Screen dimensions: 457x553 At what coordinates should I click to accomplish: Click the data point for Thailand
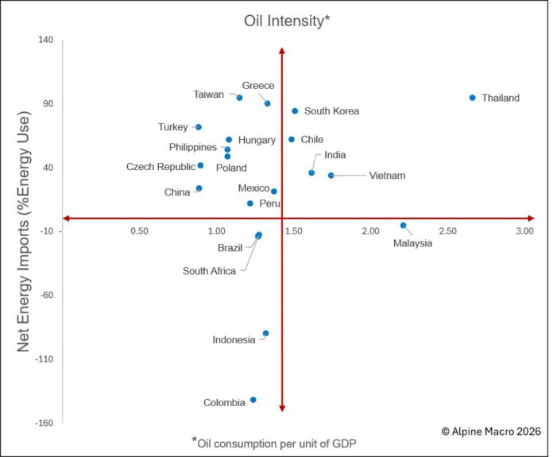tap(472, 98)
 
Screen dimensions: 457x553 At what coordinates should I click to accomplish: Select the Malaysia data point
tap(403, 226)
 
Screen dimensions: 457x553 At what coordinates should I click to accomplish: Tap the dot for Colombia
tap(253, 400)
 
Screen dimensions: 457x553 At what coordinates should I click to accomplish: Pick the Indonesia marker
tap(265, 334)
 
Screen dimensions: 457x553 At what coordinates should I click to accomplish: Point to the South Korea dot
tap(295, 111)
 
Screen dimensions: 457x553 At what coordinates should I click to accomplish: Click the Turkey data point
tap(199, 127)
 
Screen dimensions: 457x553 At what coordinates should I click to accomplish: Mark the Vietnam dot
tap(331, 176)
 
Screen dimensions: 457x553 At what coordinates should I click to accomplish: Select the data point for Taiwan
tap(239, 98)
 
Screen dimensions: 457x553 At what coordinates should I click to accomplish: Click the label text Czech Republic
tap(160, 167)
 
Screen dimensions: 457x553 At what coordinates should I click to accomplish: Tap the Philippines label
tap(192, 148)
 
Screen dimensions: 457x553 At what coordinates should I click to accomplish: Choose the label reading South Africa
tap(209, 271)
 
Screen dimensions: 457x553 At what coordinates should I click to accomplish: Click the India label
tap(335, 156)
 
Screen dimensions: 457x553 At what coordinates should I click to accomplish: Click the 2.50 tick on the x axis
tap(447, 231)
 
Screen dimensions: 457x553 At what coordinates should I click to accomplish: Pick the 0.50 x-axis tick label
tap(139, 231)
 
